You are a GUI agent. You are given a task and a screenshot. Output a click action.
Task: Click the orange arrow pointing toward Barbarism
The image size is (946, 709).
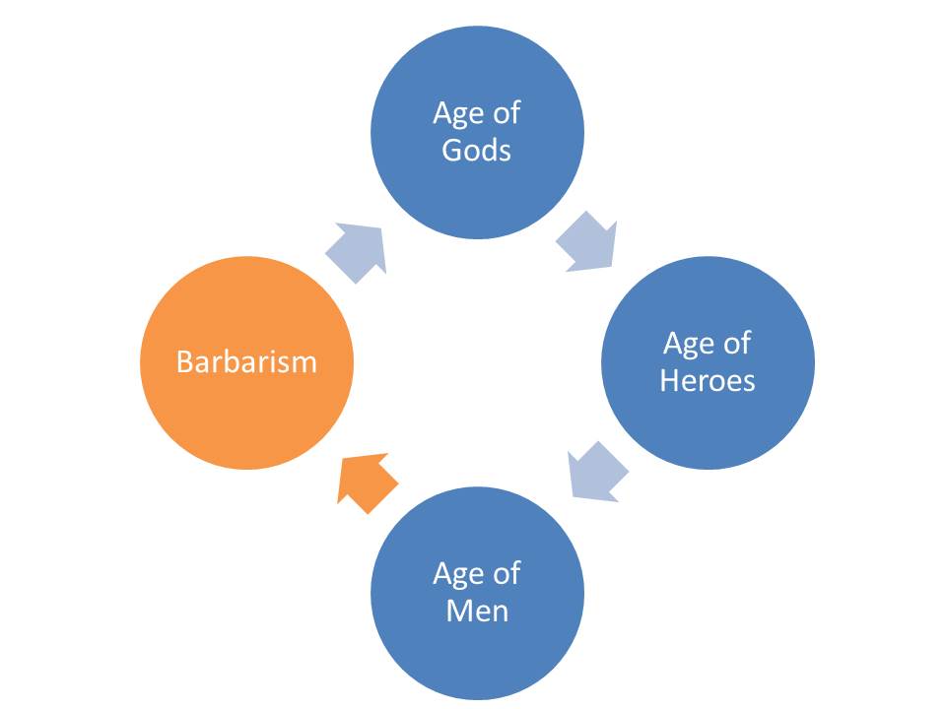pyautogui.click(x=366, y=483)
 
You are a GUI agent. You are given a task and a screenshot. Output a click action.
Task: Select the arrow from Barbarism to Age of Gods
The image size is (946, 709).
pyautogui.click(x=357, y=252)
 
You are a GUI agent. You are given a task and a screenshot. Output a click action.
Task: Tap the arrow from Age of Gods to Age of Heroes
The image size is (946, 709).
pyautogui.click(x=587, y=242)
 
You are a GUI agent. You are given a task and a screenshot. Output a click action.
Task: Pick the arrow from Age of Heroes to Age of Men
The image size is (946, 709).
pyautogui.click(x=597, y=472)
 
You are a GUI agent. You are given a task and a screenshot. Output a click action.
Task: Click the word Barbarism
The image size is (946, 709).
pyautogui.click(x=246, y=362)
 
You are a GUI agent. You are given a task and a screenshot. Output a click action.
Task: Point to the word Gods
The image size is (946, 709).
pyautogui.click(x=477, y=150)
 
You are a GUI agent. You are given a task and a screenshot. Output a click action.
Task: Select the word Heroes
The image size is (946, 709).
pyautogui.click(x=708, y=380)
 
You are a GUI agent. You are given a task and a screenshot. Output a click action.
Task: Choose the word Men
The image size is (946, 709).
pyautogui.click(x=477, y=611)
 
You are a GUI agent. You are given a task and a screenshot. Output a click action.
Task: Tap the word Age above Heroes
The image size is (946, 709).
pyautogui.click(x=689, y=345)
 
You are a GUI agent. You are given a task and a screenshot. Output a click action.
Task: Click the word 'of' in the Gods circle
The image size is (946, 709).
pyautogui.click(x=507, y=112)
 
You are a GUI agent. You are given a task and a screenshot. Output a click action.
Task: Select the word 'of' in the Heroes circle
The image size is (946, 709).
pyautogui.click(x=737, y=343)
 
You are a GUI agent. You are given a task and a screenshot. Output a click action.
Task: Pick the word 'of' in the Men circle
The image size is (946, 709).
pyautogui.click(x=507, y=573)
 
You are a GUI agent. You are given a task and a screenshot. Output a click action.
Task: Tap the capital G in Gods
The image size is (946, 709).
pyautogui.click(x=452, y=150)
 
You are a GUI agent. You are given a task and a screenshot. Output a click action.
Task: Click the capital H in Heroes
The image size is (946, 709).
pyautogui.click(x=670, y=380)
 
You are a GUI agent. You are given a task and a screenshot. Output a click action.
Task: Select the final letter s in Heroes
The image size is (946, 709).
pyautogui.click(x=749, y=384)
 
